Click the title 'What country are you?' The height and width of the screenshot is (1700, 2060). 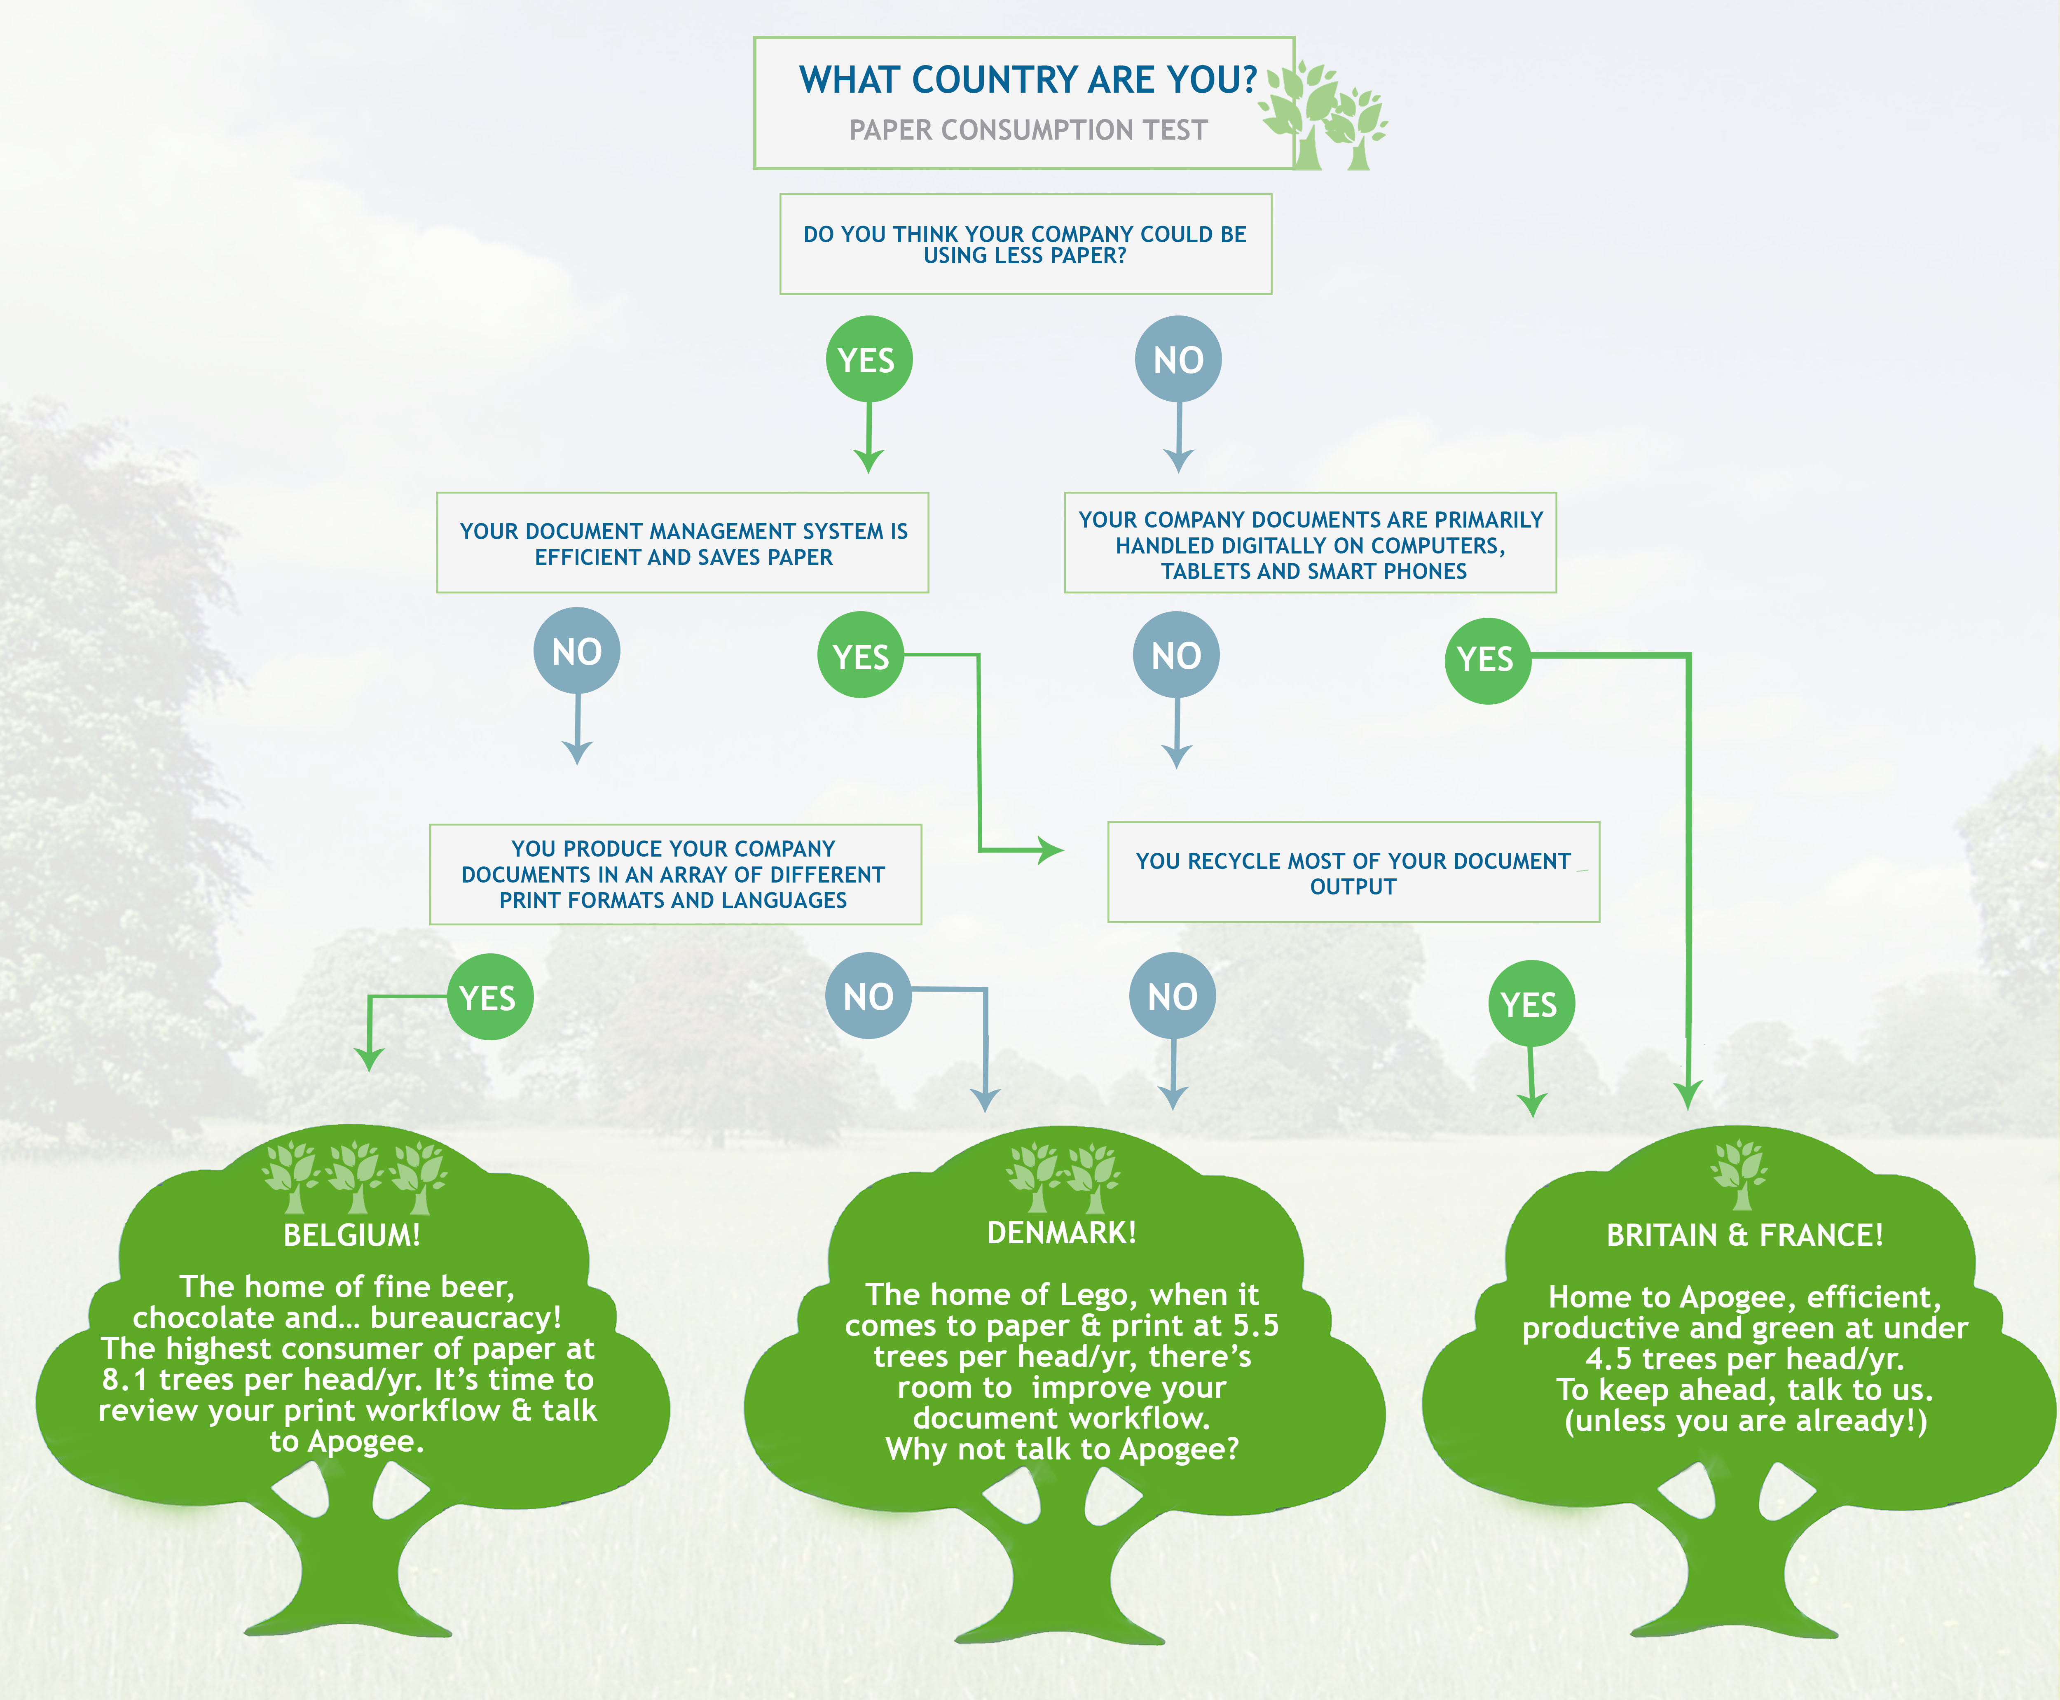(1028, 79)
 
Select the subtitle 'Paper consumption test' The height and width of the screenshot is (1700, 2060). (1028, 130)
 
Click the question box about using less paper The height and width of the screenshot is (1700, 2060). (1025, 244)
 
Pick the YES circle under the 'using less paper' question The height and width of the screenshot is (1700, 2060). (868, 360)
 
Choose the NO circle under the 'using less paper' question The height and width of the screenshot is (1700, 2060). (1178, 360)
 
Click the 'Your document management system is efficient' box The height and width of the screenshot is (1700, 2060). (683, 542)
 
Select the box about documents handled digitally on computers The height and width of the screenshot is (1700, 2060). (1311, 542)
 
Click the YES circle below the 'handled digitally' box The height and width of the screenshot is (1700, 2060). (1487, 660)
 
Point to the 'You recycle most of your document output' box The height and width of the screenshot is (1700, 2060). (1354, 873)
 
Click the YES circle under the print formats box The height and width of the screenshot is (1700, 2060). (490, 997)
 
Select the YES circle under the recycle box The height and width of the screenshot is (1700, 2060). (1531, 1004)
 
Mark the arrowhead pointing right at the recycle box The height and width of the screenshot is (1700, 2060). (1050, 850)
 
